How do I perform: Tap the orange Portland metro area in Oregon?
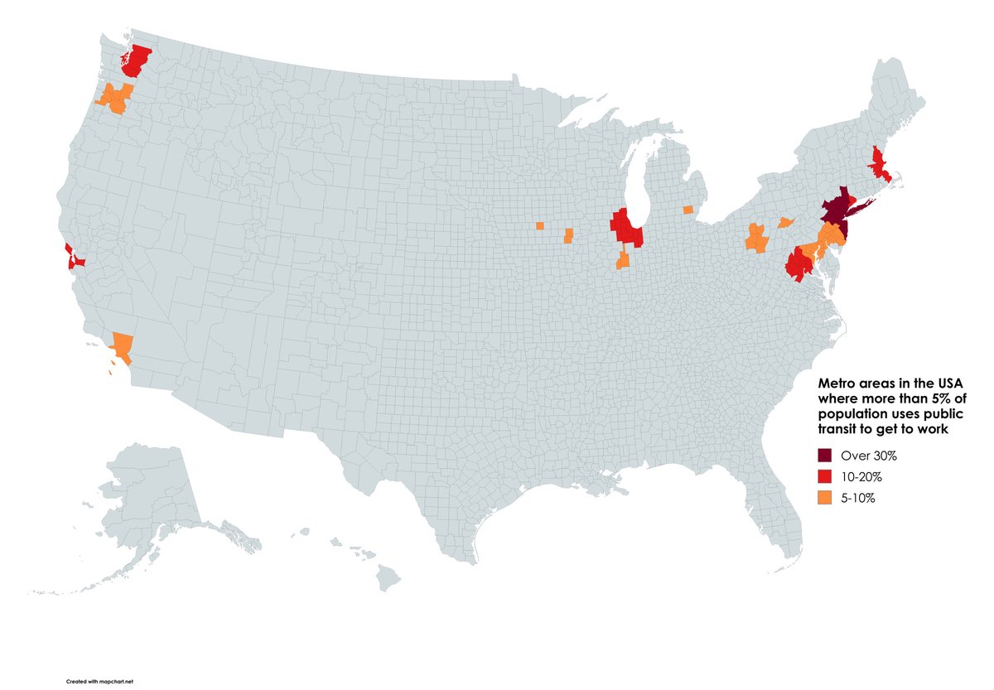116,98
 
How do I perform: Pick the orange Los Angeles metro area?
122,345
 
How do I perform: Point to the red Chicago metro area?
626,229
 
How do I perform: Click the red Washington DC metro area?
799,265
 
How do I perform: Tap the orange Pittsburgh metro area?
756,239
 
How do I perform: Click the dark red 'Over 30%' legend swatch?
825,456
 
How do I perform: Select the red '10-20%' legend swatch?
825,476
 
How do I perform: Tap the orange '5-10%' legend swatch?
825,498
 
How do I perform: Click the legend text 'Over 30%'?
869,456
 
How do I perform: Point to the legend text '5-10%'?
858,498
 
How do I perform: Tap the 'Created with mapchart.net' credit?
99,680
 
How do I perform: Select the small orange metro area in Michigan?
688,210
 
